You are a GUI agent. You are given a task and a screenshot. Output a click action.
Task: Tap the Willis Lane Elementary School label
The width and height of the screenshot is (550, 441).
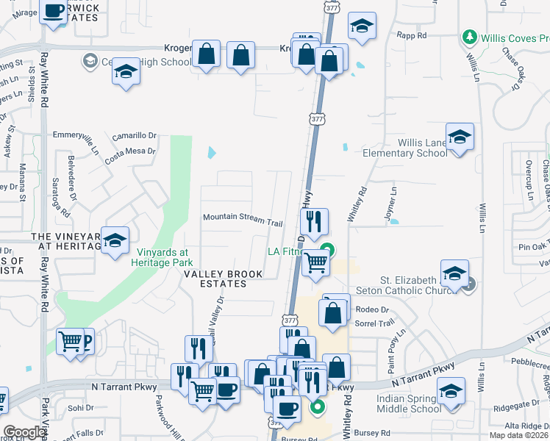(x=405, y=148)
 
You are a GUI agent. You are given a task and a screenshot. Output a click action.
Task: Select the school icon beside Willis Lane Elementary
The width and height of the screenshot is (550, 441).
(x=460, y=137)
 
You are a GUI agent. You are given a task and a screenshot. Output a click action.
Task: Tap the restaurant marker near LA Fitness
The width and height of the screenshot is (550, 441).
(x=314, y=222)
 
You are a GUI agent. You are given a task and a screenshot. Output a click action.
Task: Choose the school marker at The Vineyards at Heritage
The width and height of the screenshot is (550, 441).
(x=115, y=240)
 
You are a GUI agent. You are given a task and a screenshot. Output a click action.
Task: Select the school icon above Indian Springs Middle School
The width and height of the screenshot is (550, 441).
(x=451, y=392)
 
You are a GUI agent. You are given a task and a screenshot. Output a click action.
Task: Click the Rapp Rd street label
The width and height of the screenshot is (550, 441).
(x=411, y=35)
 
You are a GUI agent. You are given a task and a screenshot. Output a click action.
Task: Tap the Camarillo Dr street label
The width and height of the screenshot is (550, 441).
(x=135, y=137)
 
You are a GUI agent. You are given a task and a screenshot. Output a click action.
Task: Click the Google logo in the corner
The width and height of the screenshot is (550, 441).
(x=24, y=432)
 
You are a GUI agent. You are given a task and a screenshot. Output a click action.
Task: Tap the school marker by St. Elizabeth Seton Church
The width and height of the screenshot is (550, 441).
(x=454, y=274)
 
